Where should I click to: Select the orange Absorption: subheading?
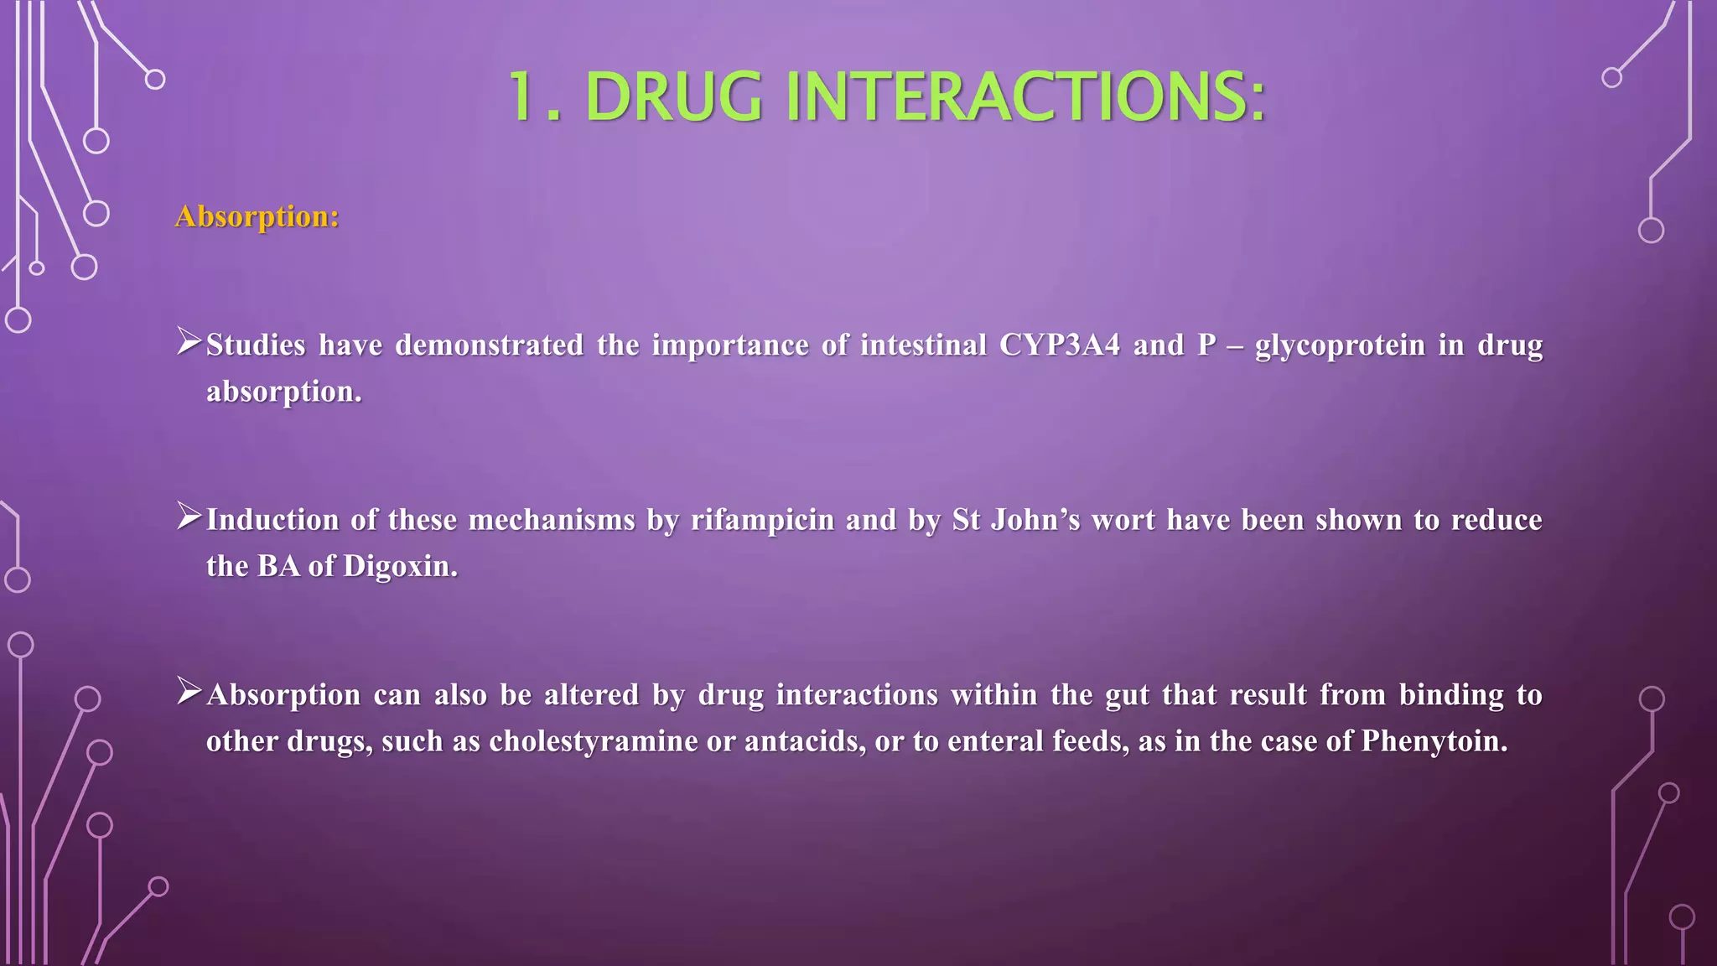[257, 216]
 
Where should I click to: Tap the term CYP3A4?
[1059, 345]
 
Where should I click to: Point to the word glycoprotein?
[1340, 345]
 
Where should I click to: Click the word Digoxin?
[400, 566]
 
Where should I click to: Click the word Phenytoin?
[1434, 741]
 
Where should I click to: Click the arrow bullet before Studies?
[189, 342]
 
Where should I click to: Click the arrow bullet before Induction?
[189, 517]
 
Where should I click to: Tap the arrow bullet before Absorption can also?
[189, 693]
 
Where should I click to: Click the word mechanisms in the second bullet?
[551, 520]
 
